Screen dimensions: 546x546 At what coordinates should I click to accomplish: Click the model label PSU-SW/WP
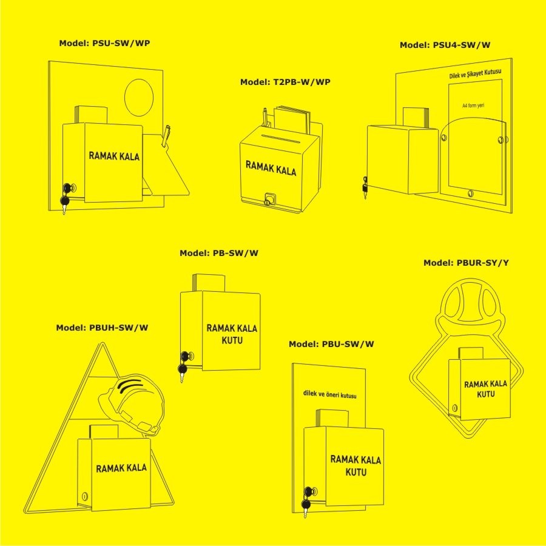click(104, 43)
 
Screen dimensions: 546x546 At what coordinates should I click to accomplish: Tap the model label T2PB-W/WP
click(285, 82)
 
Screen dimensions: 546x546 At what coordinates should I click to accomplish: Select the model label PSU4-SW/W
click(445, 45)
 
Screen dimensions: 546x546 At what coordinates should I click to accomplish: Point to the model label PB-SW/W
click(219, 253)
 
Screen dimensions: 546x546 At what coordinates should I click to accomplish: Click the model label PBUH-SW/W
click(102, 328)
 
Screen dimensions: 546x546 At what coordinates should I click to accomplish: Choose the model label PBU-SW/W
click(331, 344)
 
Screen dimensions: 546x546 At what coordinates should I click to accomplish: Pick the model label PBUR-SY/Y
click(466, 263)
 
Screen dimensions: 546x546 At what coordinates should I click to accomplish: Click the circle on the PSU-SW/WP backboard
click(139, 98)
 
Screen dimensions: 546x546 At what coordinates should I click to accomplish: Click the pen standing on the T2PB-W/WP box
click(266, 117)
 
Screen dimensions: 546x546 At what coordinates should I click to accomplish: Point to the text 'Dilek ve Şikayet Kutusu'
click(475, 73)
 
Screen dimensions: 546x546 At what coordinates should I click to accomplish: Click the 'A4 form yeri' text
click(473, 105)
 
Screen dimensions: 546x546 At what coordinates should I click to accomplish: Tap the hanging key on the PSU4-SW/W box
click(365, 188)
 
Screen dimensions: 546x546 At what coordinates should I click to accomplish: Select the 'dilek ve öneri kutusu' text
click(330, 394)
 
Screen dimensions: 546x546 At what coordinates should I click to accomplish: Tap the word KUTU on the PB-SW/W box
click(232, 340)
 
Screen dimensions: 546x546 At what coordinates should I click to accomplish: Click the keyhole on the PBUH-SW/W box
click(84, 496)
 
